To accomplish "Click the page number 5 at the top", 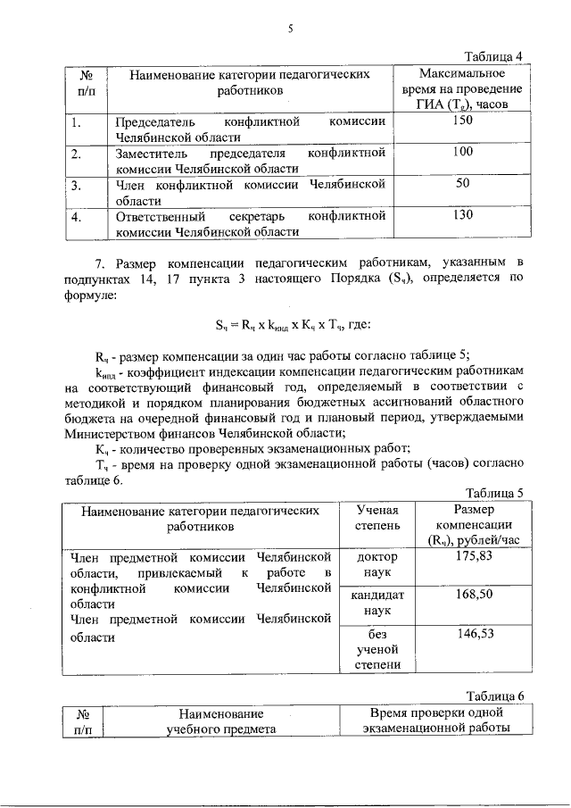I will coord(290,29).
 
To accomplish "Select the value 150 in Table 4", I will coord(462,121).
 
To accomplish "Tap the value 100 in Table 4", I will coord(462,153).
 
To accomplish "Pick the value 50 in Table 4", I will coord(462,183).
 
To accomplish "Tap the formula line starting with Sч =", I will coord(285,324).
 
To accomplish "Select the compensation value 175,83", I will coord(476,556).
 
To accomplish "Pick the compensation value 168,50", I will coord(476,595).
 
